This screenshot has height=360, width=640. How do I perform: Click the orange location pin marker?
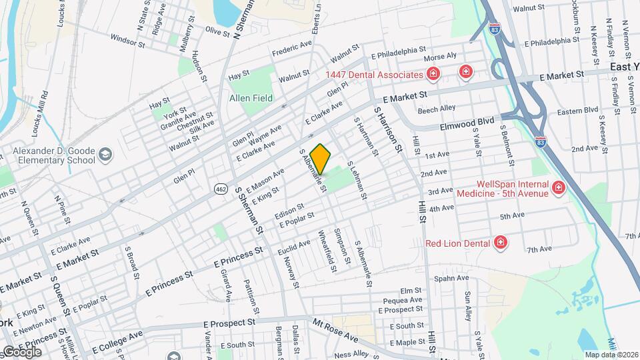[321, 159]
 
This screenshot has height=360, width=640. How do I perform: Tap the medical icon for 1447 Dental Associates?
[433, 74]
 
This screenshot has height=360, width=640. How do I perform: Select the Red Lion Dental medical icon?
[499, 243]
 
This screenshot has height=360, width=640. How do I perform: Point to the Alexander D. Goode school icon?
[105, 156]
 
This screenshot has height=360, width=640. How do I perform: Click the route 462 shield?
[220, 189]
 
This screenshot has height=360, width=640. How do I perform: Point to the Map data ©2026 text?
[611, 355]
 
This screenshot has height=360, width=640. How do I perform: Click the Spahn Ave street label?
[451, 278]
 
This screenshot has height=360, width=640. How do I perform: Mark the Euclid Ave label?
[294, 248]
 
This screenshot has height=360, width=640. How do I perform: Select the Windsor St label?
[127, 41]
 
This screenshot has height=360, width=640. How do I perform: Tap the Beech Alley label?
[437, 107]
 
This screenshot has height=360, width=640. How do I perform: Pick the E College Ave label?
[117, 342]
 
